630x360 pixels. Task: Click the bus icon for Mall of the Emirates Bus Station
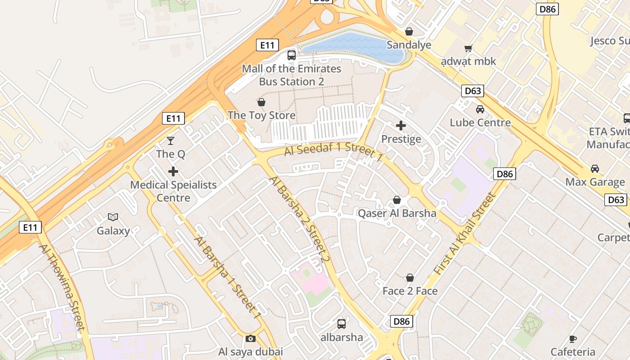point(292,55)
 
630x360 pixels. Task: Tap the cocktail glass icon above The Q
point(171,141)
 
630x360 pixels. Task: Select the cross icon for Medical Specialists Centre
point(173,171)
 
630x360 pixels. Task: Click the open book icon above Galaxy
point(113,217)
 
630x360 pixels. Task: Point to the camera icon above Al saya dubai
point(251,338)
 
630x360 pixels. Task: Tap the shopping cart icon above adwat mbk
point(468,48)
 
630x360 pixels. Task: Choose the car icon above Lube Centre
point(480,109)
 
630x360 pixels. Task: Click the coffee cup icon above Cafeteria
point(573,339)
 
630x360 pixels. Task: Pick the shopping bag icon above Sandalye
point(409,31)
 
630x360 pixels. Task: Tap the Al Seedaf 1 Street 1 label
point(333,152)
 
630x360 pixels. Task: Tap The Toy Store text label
point(261,115)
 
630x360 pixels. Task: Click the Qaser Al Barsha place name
point(397,213)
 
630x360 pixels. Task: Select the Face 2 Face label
point(410,291)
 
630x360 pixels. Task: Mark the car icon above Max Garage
point(595,169)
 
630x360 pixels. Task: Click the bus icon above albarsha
point(342,324)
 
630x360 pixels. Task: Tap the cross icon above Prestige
point(401,126)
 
